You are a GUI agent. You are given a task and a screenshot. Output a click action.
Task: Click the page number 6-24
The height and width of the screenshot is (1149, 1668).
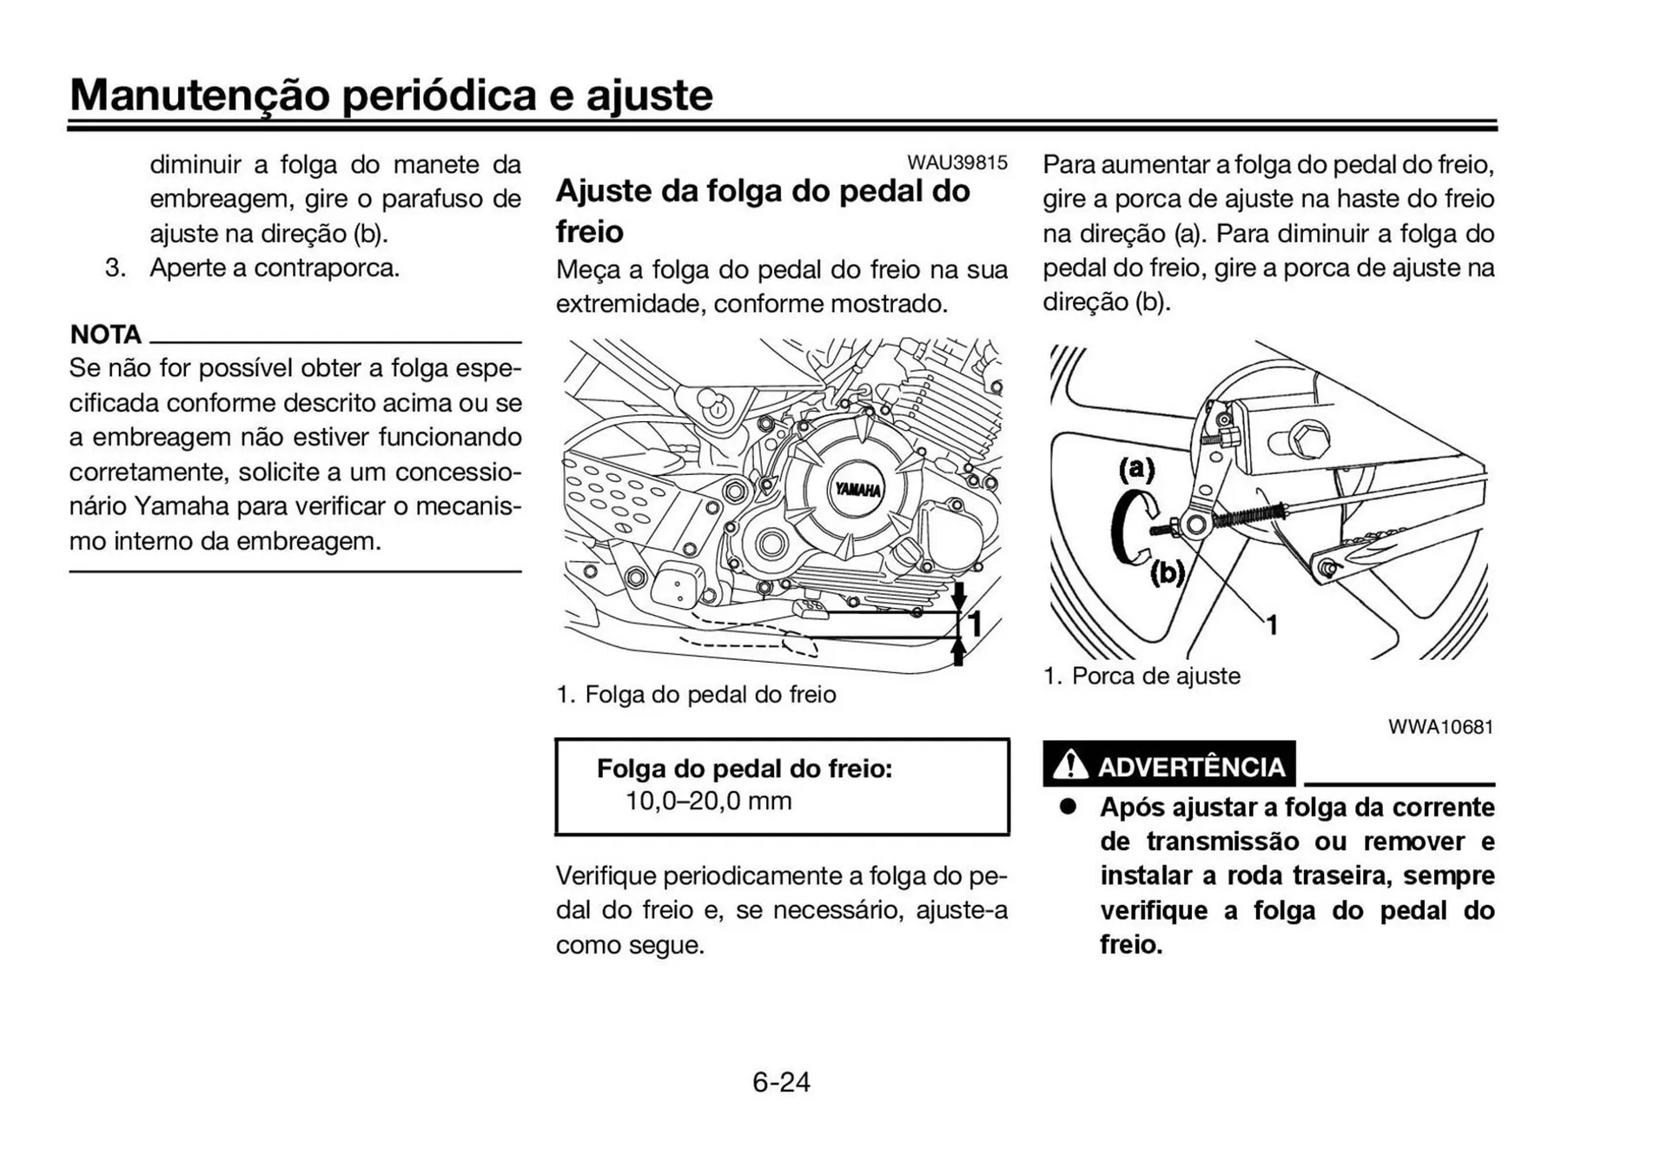click(781, 1081)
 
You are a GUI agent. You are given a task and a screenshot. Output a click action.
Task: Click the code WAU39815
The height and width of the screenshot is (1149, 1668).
click(956, 162)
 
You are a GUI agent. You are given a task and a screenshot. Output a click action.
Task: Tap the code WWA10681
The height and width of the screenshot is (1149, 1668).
click(1440, 727)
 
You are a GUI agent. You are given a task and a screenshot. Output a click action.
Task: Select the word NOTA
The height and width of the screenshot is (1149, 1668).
click(105, 334)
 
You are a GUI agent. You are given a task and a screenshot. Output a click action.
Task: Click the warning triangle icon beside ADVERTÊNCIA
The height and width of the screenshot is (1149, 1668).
click(1070, 764)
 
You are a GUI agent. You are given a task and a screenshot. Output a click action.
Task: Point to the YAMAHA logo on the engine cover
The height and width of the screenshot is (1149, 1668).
click(857, 490)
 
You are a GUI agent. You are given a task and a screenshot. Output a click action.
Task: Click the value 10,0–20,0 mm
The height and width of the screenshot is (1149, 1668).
click(708, 801)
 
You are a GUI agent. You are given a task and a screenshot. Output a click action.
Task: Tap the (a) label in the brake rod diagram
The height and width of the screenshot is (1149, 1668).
click(1136, 469)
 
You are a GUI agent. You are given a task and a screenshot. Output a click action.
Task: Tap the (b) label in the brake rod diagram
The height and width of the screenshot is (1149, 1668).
click(1168, 572)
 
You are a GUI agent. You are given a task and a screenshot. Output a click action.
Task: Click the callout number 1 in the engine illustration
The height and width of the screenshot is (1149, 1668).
click(976, 624)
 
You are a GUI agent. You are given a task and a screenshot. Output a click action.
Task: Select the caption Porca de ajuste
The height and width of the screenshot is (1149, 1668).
click(1155, 676)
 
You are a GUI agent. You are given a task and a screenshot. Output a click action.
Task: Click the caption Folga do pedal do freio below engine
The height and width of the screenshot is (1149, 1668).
click(710, 694)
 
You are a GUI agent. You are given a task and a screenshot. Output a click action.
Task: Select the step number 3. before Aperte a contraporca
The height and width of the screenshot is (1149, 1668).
click(115, 267)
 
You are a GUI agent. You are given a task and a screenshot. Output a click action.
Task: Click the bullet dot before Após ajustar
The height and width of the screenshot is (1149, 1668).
click(1068, 807)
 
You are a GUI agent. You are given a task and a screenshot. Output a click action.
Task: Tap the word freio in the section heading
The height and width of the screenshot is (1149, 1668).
click(589, 232)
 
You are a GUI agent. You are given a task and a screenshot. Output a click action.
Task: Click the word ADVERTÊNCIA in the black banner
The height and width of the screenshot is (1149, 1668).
click(1190, 767)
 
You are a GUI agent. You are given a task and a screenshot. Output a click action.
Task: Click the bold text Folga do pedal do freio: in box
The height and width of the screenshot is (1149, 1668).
click(744, 769)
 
